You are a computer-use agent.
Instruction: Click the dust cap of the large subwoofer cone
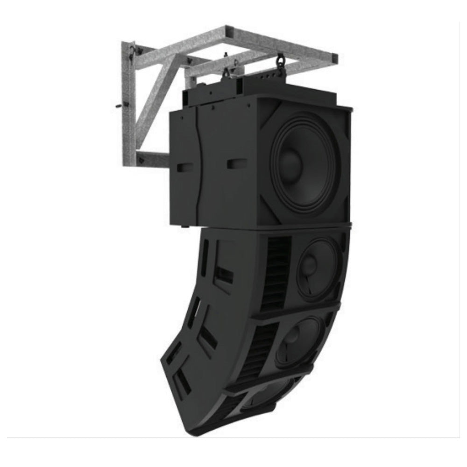[290, 163]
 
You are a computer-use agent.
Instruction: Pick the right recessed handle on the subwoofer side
[236, 163]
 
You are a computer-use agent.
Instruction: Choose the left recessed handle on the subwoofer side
[185, 167]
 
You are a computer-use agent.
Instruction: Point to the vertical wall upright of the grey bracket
[128, 107]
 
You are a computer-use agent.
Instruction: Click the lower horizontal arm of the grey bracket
[152, 159]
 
